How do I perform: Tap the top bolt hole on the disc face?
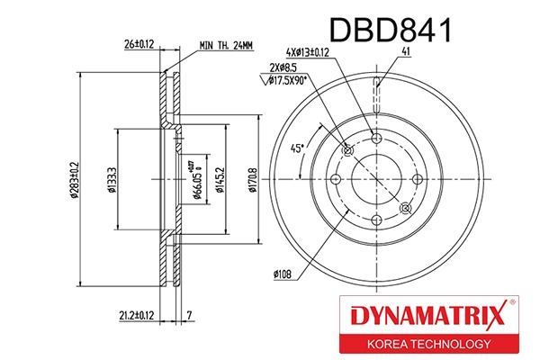tap(376, 138)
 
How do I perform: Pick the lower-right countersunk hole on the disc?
tap(405, 208)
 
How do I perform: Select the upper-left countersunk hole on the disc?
tap(347, 149)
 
